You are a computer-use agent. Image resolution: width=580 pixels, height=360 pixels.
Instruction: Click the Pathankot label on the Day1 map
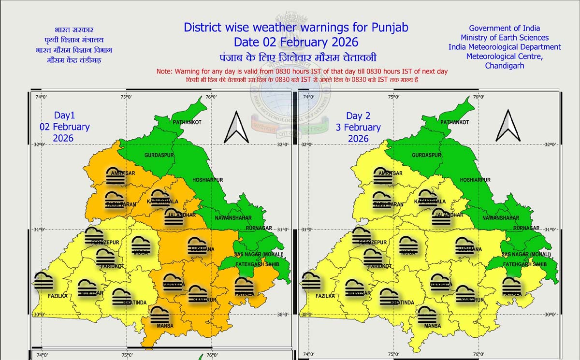[x=187, y=122]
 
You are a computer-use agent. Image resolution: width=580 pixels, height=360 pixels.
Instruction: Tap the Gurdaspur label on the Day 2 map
[x=427, y=155]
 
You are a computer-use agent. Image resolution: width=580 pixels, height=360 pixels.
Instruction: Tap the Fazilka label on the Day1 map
[x=58, y=296]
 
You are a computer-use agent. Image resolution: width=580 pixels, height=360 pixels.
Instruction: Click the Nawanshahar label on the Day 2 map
[x=501, y=218]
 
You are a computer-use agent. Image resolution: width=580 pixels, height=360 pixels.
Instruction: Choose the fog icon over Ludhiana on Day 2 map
[x=464, y=245]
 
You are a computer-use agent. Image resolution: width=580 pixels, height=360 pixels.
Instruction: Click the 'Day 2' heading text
[x=358, y=116]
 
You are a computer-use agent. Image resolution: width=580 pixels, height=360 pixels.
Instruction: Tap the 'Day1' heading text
[x=64, y=116]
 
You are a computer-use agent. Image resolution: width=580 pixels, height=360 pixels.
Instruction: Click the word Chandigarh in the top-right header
[x=504, y=66]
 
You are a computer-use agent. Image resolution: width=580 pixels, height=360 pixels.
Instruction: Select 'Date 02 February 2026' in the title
[x=296, y=41]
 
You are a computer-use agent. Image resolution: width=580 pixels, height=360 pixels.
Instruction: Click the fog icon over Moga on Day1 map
[x=141, y=245]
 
